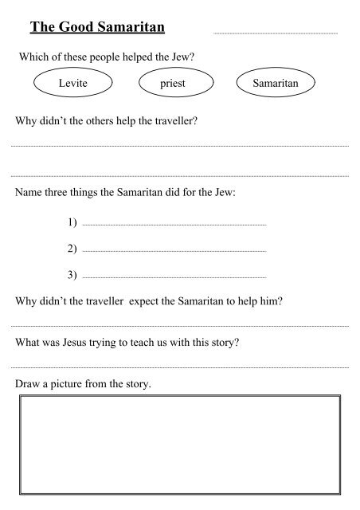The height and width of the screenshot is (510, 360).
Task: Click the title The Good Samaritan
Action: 96,29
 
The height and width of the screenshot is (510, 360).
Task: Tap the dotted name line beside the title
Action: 276,33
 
